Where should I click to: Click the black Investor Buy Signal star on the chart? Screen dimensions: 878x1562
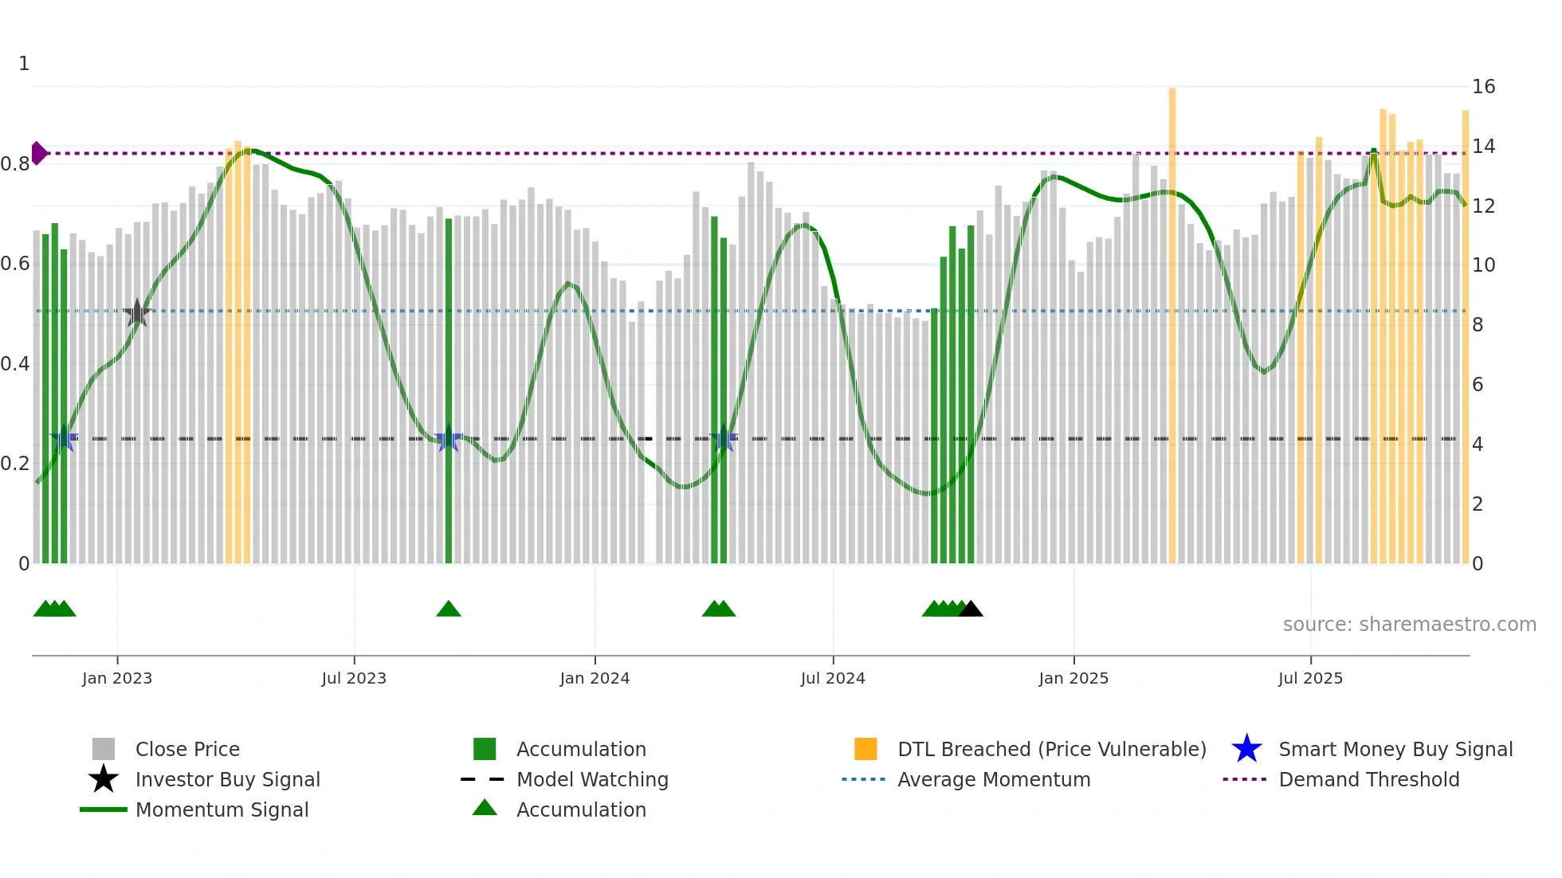pyautogui.click(x=137, y=313)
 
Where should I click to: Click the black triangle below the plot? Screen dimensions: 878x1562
pyautogui.click(x=971, y=610)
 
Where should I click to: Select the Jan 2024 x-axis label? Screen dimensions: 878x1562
pyautogui.click(x=595, y=678)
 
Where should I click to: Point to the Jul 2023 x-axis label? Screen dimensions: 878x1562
pyautogui.click(x=354, y=678)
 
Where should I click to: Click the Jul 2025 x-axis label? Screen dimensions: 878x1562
pyautogui.click(x=1310, y=678)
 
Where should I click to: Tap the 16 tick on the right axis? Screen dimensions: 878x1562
pyautogui.click(x=1483, y=86)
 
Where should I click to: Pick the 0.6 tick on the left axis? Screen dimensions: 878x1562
pyautogui.click(x=16, y=264)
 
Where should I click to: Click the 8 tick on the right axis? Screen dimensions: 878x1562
pyautogui.click(x=1478, y=324)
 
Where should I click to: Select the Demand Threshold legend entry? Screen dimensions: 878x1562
pyautogui.click(x=1368, y=779)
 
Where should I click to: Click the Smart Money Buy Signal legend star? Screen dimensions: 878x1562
pyautogui.click(x=1246, y=749)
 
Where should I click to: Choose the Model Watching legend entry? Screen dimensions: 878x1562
pyautogui.click(x=591, y=779)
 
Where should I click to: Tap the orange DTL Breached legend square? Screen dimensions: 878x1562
pyautogui.click(x=865, y=749)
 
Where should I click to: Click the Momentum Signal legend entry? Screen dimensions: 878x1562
pyautogui.click(x=222, y=809)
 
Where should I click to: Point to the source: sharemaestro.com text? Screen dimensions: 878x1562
pyautogui.click(x=1409, y=624)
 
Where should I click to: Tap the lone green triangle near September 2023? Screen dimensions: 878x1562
pyautogui.click(x=449, y=610)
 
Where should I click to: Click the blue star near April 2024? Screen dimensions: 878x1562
pyautogui.click(x=724, y=438)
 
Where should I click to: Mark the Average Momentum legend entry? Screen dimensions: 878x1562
pyautogui.click(x=993, y=779)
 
